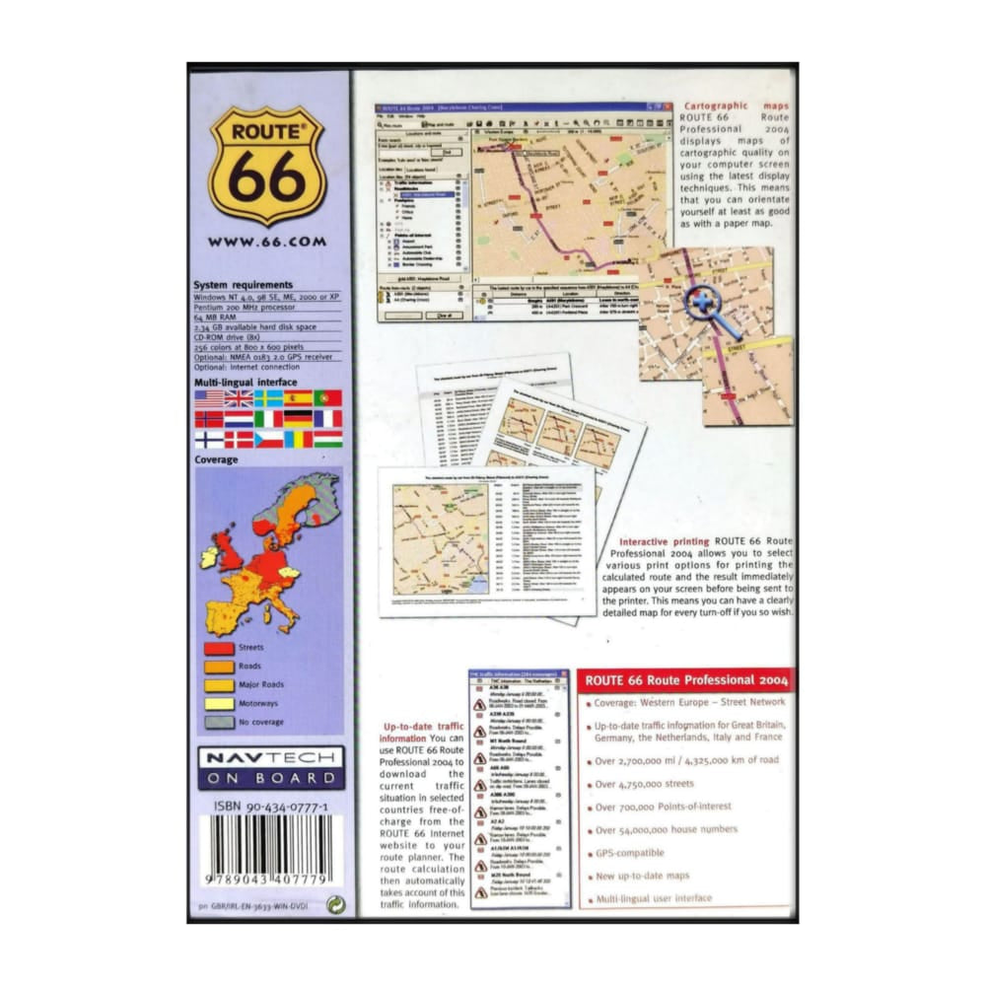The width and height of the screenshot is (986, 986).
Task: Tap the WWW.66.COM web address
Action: tap(267, 241)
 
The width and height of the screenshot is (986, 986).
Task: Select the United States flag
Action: tap(209, 398)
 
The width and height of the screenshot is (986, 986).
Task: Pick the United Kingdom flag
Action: tap(239, 398)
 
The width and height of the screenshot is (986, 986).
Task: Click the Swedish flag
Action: tap(268, 398)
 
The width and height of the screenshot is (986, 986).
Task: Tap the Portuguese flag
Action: tap(328, 398)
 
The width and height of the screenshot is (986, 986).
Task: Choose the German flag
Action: tap(298, 419)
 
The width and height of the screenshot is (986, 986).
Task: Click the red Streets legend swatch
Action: tap(218, 649)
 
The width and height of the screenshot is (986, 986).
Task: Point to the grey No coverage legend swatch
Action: tap(218, 722)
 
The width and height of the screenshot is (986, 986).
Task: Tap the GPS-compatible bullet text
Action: tap(630, 853)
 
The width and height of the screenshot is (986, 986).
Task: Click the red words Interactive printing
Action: tap(664, 542)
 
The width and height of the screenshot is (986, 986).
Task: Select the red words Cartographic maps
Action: tap(729, 105)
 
